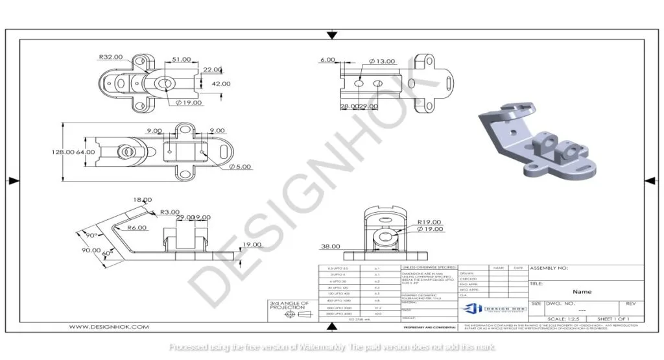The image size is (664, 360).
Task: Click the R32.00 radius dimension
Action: pos(110,57)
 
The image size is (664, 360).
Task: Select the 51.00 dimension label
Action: pos(182,59)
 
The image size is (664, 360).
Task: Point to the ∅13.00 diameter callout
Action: pos(382,61)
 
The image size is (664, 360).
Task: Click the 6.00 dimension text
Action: pos(327,60)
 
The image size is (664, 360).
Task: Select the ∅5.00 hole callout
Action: pos(240,166)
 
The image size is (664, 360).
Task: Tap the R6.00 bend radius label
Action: pos(136,228)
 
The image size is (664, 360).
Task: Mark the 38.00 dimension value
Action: pos(331,246)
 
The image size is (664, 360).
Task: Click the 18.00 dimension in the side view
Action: pos(142,200)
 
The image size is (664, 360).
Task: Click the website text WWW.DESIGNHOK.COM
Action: pos(109,327)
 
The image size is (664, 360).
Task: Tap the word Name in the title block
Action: pos(582,292)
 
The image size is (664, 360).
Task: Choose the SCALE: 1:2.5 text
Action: pos(565,319)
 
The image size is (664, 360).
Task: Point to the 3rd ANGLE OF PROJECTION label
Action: pos(289,305)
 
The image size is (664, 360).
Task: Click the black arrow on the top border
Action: pos(332,34)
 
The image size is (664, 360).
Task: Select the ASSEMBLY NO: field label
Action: pos(549,268)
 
